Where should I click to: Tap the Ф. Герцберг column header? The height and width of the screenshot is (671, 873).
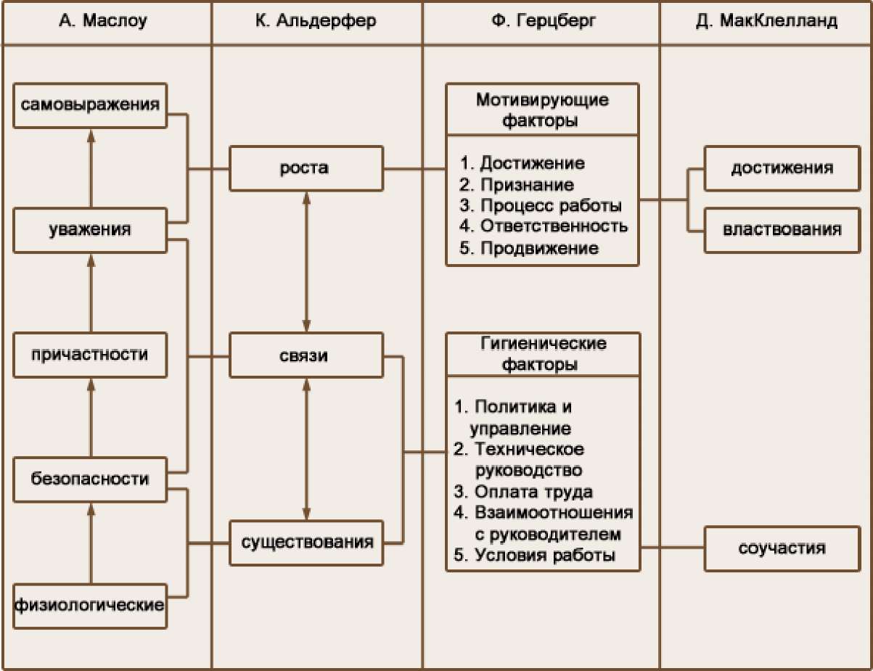[x=541, y=20]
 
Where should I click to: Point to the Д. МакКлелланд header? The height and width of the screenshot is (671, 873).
[x=766, y=20]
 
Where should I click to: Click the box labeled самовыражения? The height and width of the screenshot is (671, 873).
[x=91, y=106]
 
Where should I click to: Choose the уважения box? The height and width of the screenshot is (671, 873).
[x=91, y=231]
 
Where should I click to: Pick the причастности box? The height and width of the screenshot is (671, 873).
[x=91, y=355]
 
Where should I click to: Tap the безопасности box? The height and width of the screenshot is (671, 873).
[x=91, y=479]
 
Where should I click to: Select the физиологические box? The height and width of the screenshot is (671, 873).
[x=91, y=604]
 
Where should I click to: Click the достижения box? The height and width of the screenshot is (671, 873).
[x=782, y=169]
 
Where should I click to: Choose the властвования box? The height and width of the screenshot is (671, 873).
[x=782, y=230]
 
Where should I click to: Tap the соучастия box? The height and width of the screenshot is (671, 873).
[x=782, y=547]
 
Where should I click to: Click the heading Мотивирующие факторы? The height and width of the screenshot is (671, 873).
[x=542, y=110]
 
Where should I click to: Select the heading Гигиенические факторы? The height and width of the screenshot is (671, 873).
[x=542, y=353]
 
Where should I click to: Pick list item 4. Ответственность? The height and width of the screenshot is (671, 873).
[x=544, y=226]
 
